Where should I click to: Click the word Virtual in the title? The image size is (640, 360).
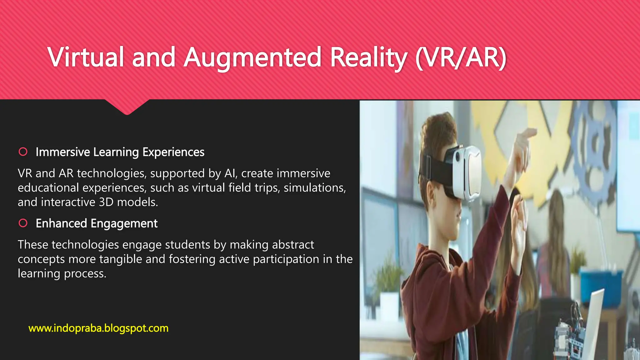click(86, 57)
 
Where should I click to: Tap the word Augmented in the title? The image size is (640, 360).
click(252, 57)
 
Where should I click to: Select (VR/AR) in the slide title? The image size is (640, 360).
click(461, 57)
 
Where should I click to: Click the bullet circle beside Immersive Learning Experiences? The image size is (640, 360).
click(23, 152)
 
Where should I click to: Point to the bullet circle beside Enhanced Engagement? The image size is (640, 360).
click(23, 223)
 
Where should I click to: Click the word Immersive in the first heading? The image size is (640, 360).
click(63, 152)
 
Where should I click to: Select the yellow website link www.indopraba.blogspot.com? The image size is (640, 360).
click(98, 328)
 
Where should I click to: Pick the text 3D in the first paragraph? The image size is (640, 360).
click(106, 202)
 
